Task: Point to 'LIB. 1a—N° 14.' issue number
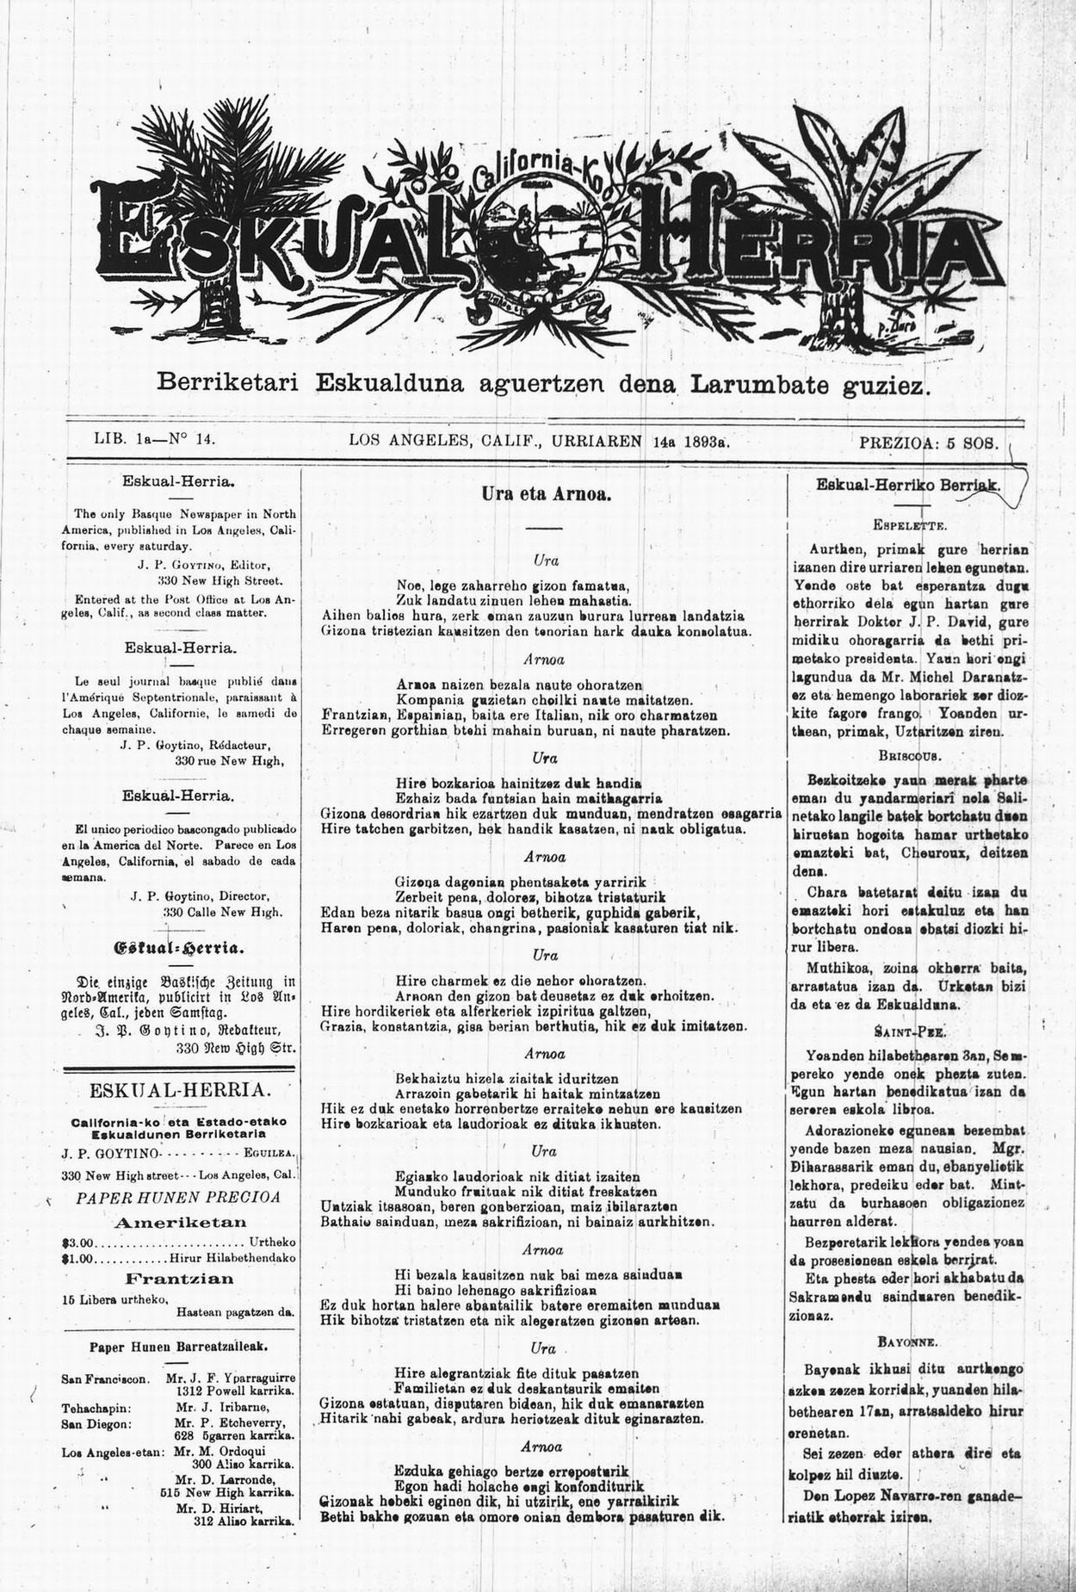[x=153, y=439]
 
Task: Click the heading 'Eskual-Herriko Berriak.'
[x=908, y=486]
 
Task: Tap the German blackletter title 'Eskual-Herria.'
[x=180, y=950]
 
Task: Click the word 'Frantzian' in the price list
[x=180, y=1279]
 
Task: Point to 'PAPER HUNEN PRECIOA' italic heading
[x=178, y=1197]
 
